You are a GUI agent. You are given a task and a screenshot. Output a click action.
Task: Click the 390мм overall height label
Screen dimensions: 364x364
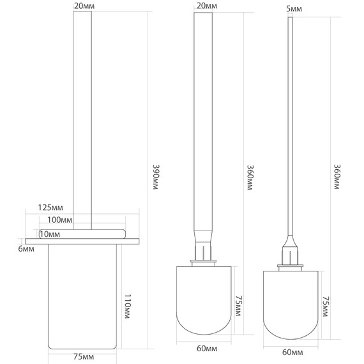pos(156,177)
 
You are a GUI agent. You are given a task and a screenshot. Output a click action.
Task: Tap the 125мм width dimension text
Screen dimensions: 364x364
pos(50,208)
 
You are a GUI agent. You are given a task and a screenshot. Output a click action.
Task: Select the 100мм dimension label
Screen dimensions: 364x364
pos(59,220)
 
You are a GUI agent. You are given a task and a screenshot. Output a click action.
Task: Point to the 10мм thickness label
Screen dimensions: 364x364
pos(50,234)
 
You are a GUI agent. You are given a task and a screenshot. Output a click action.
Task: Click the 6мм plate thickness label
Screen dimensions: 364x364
pos(26,249)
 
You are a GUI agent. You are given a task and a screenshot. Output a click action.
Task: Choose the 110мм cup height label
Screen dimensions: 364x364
pos(128,306)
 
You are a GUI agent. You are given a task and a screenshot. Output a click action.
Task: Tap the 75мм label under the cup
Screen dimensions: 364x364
pos(84,356)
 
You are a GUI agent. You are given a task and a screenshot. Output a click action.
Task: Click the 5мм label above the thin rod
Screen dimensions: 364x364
pos(294,9)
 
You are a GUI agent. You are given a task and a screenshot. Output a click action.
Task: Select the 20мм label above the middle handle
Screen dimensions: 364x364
pos(207,6)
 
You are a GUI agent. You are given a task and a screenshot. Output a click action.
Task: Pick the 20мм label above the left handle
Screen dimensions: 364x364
pos(84,6)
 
